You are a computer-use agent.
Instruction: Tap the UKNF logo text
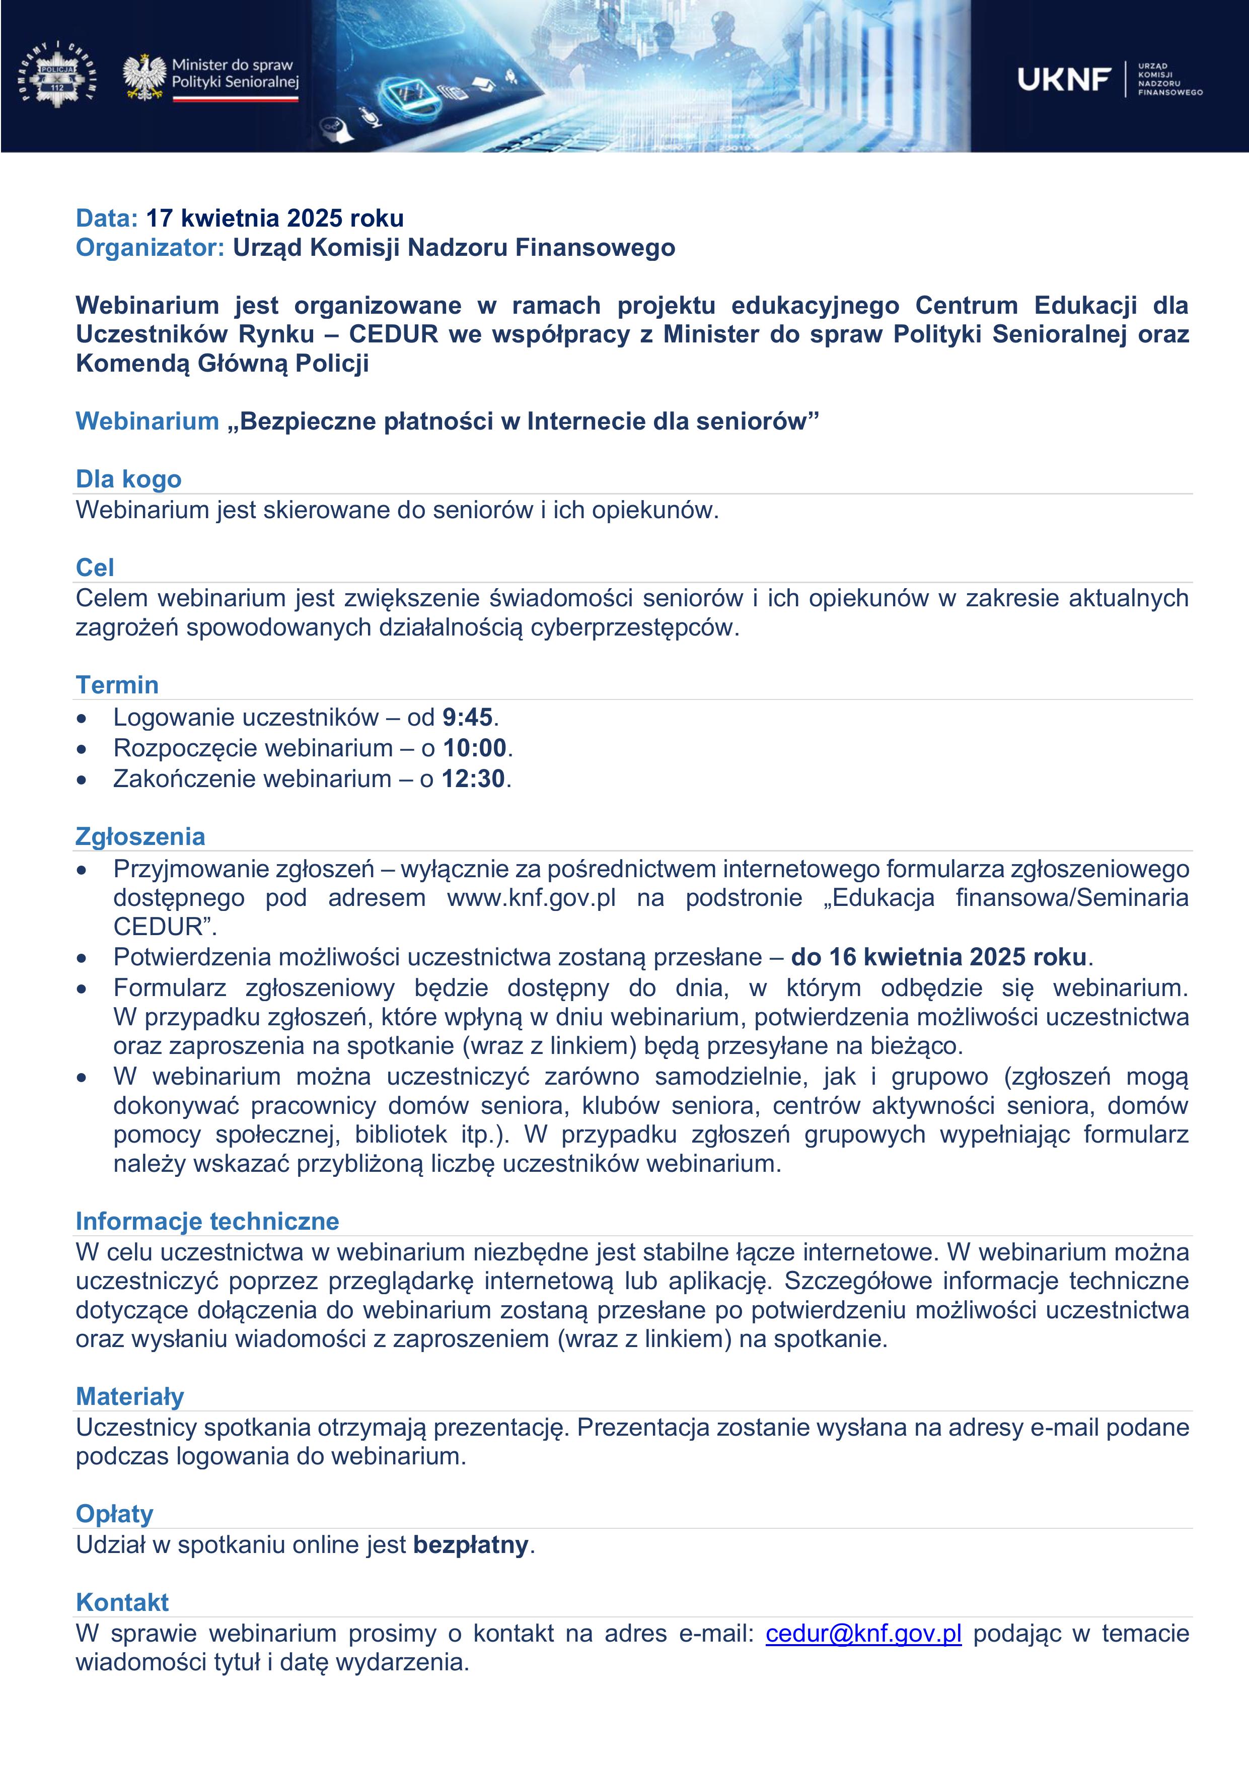[1064, 79]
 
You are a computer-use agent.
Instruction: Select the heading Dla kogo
[128, 479]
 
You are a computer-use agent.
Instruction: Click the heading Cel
[95, 568]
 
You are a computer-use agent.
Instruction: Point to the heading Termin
[117, 685]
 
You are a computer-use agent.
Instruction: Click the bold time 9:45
[467, 717]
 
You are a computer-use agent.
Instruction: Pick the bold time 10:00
[474, 748]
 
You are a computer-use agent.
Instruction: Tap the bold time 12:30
[473, 779]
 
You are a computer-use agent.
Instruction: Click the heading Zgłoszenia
[140, 836]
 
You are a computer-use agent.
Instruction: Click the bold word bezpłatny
[470, 1544]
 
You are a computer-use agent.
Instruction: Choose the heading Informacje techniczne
[207, 1221]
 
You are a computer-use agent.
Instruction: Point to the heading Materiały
[130, 1397]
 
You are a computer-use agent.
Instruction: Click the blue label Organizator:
[150, 248]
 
